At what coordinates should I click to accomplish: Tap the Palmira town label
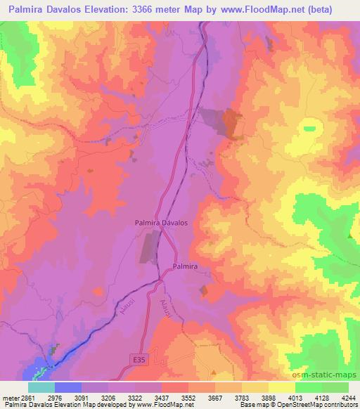(187, 267)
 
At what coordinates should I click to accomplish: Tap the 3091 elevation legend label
(81, 397)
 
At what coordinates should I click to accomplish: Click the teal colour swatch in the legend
(41, 387)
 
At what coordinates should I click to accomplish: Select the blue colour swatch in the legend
(67, 387)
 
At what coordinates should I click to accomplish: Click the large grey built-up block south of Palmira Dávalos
(149, 247)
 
